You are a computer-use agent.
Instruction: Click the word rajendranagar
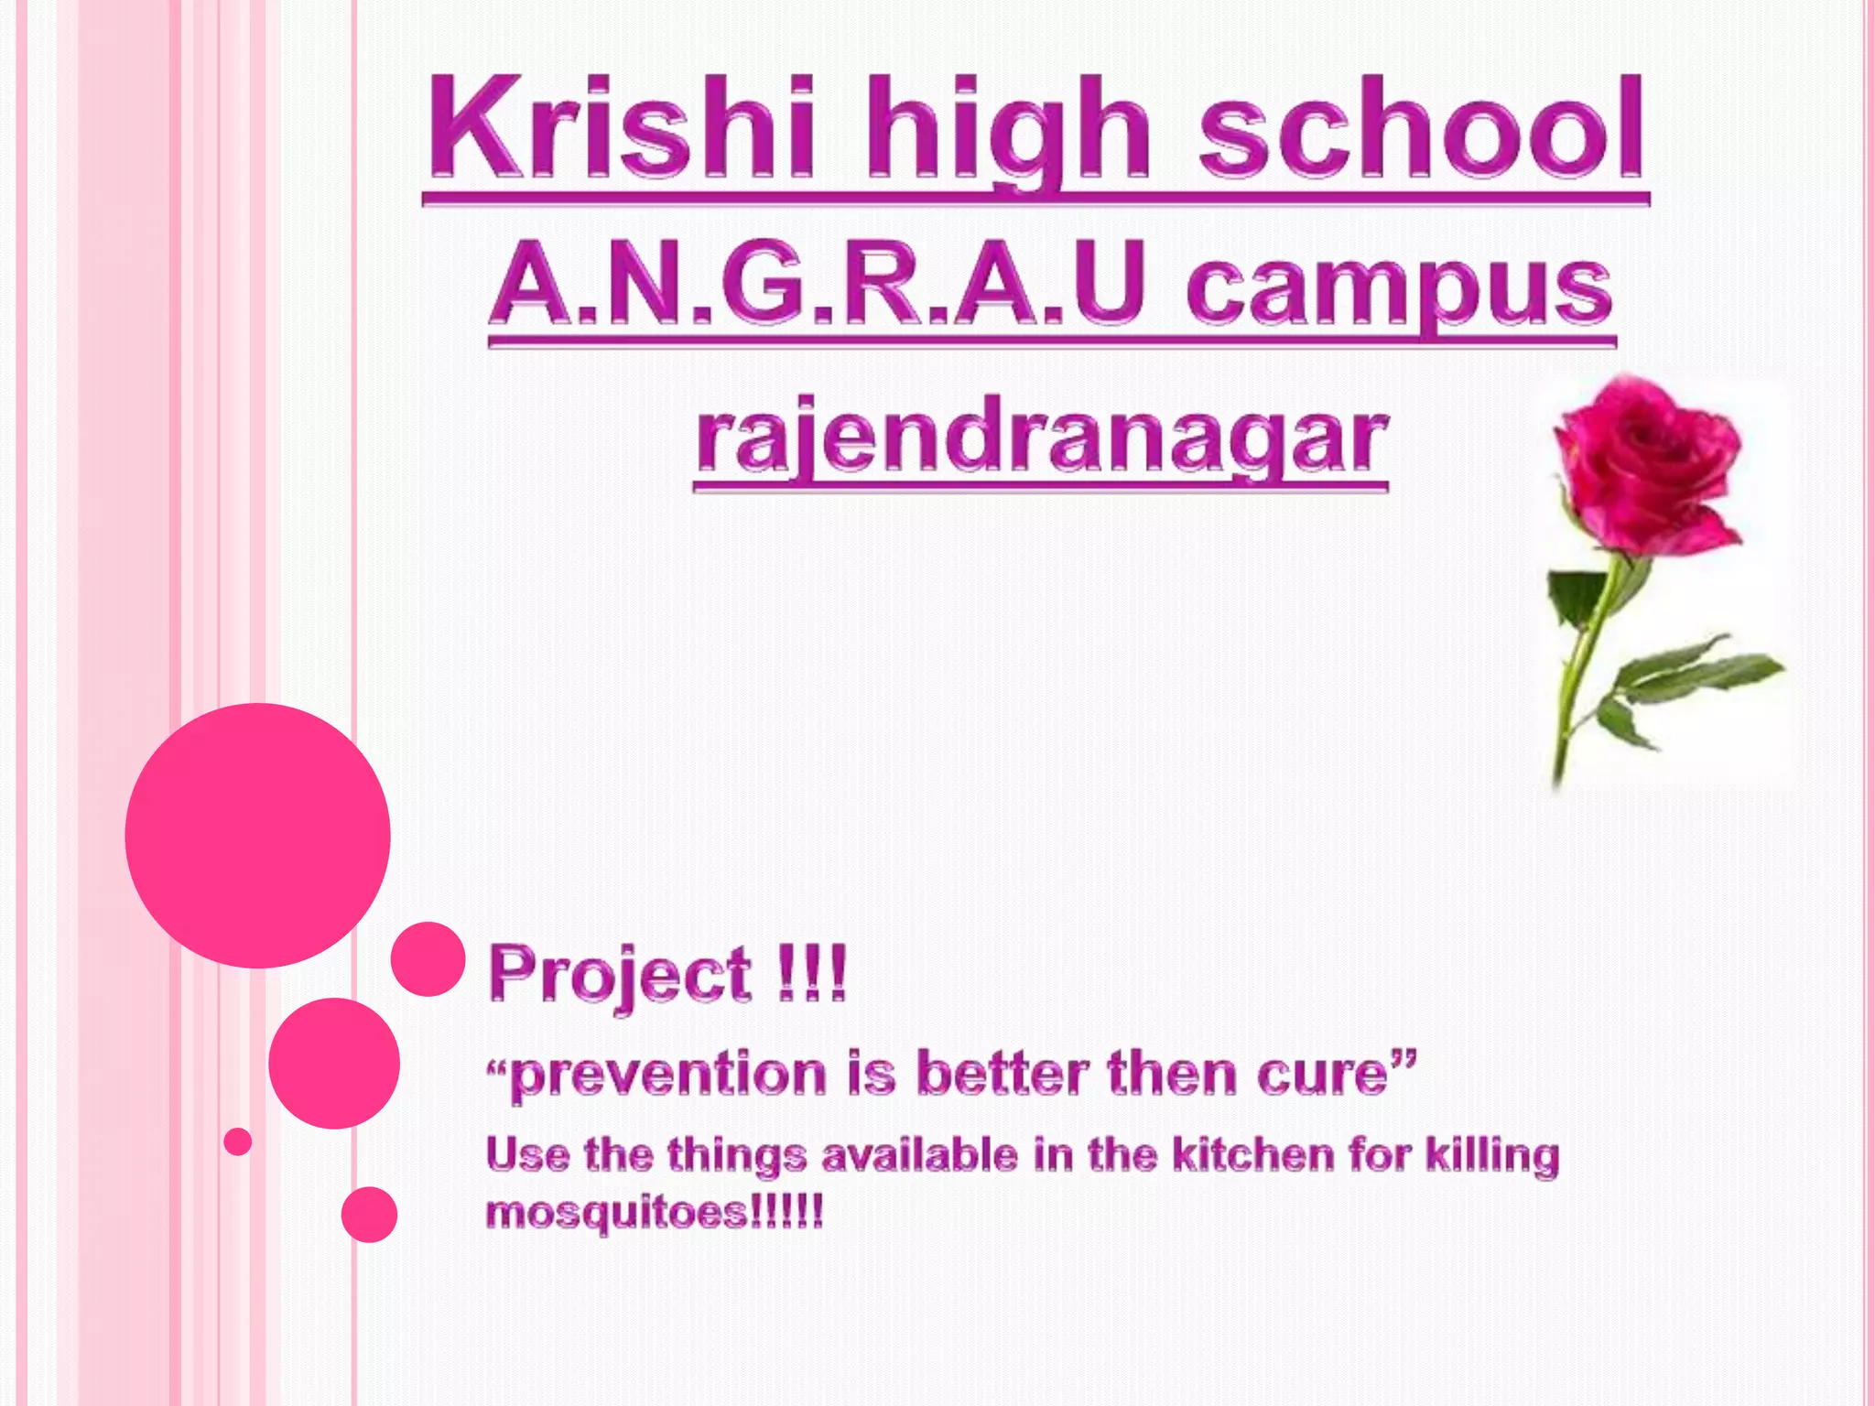pos(1041,441)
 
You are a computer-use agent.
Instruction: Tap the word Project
pos(620,974)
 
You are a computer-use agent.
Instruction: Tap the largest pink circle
pos(258,836)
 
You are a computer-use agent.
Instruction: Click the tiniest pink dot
pos(238,1141)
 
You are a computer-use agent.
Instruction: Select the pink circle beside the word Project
pos(428,958)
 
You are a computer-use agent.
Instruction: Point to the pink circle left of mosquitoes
pos(369,1215)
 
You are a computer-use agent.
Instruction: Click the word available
pos(919,1155)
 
